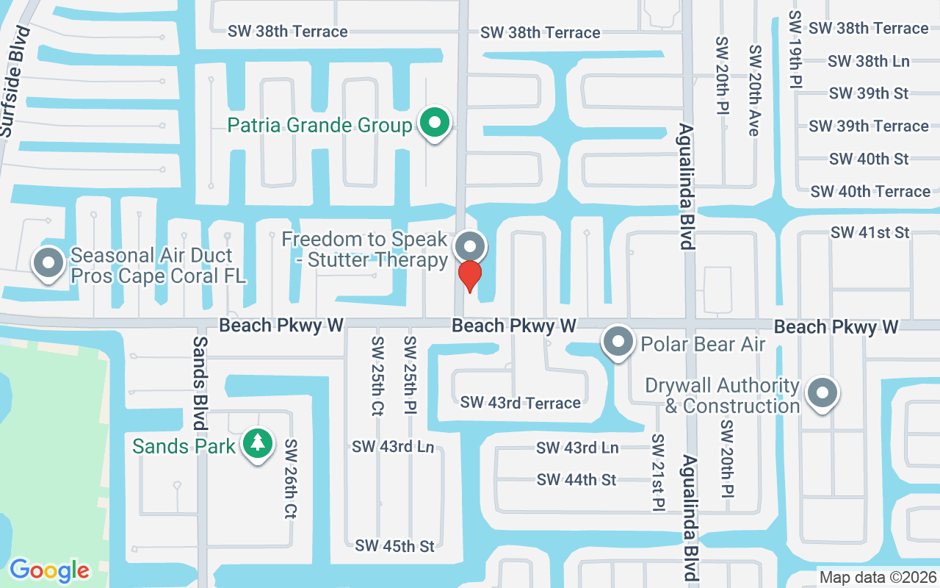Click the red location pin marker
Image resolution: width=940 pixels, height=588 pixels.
469,275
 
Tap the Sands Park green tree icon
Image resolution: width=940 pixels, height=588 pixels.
256,444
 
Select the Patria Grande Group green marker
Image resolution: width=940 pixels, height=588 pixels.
434,123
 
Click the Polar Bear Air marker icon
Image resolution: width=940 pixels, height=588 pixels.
618,343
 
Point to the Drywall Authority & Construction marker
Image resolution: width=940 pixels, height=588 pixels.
822,394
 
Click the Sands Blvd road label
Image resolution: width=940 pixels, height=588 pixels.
200,383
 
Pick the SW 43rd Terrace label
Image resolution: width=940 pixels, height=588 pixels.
520,402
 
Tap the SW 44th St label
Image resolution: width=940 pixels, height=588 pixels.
576,479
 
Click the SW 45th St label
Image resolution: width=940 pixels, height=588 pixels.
394,545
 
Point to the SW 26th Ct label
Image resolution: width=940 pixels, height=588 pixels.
291,479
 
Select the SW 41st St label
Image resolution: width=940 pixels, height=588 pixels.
869,232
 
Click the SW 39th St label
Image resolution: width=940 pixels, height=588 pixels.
868,93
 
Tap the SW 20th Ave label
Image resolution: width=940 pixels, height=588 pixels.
753,90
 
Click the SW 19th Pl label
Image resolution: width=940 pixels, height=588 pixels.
794,49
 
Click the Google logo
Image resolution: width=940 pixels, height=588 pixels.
49,570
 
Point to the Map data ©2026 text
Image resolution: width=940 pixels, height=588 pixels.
878,578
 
